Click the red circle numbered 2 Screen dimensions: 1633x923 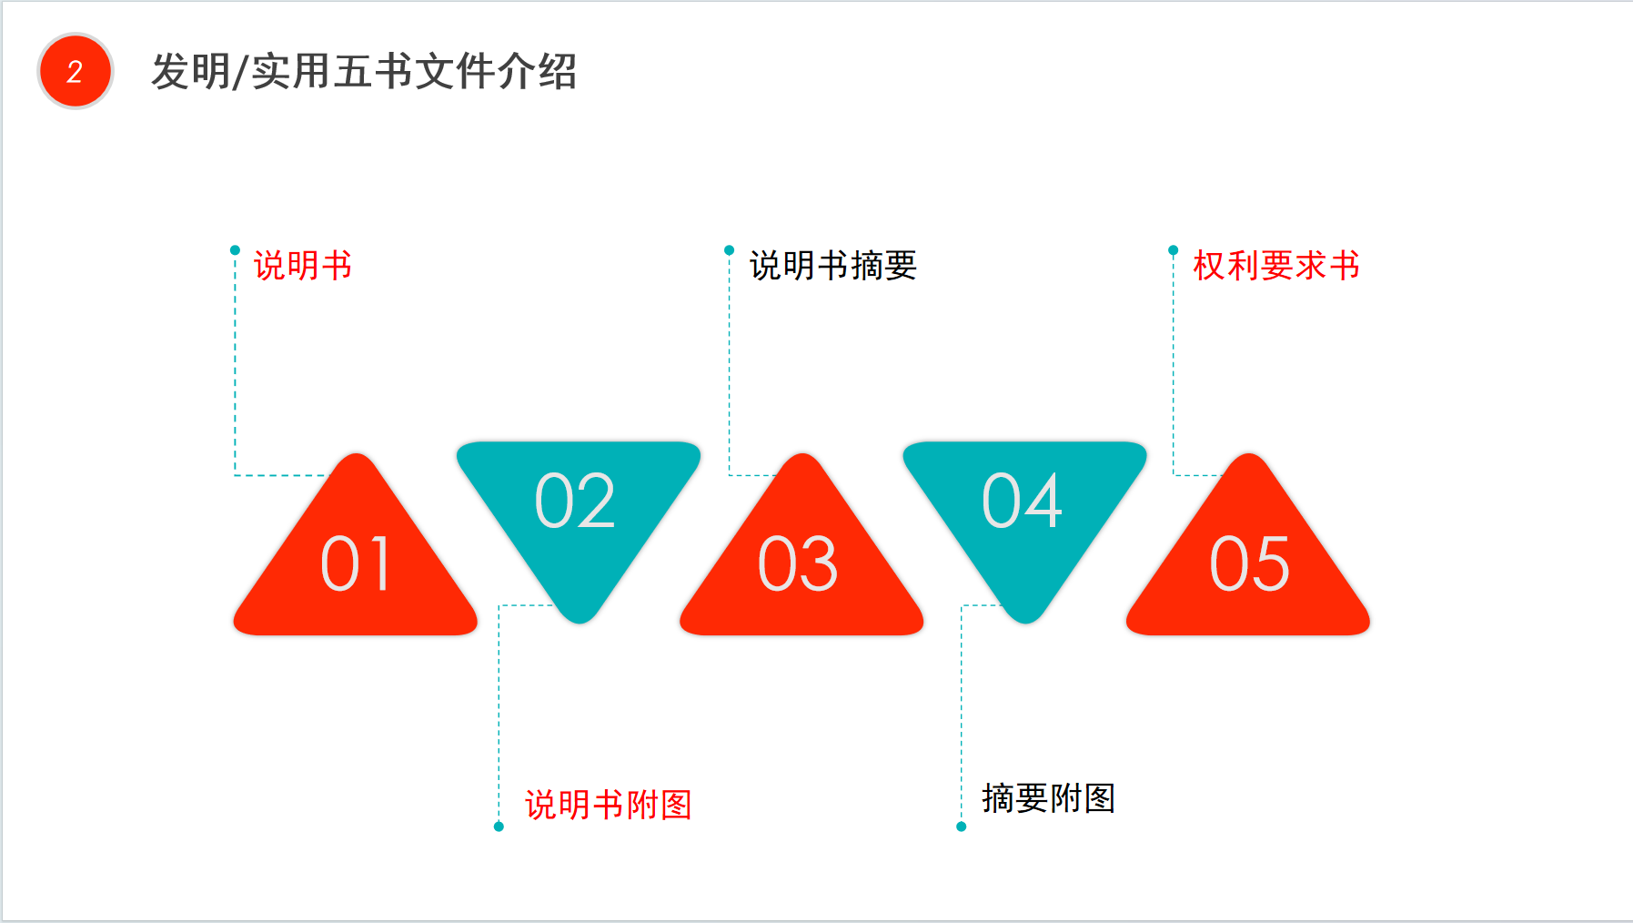[75, 71]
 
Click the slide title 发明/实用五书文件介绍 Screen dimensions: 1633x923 [364, 71]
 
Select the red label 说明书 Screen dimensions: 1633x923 [303, 266]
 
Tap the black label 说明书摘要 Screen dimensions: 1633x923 [833, 266]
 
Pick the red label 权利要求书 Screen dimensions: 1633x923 [1276, 266]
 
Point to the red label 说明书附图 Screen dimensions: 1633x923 [609, 805]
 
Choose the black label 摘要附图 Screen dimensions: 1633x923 [1049, 798]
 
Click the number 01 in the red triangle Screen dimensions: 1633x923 [356, 564]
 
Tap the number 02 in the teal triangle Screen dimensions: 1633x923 [575, 501]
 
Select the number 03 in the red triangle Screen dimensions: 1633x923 [798, 564]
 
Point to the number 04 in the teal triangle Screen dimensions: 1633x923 [1023, 501]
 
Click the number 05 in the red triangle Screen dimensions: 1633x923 [1249, 564]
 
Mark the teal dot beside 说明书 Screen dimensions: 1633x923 [235, 250]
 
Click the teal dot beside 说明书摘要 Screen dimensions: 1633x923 [729, 250]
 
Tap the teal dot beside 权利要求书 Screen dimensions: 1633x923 [1174, 250]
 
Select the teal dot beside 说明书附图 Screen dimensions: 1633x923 [499, 827]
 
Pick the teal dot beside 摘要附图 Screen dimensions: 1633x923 [962, 827]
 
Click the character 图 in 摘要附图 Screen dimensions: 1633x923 [1100, 798]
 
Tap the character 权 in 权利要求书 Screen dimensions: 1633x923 [1209, 266]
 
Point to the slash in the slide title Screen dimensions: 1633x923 [240, 72]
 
